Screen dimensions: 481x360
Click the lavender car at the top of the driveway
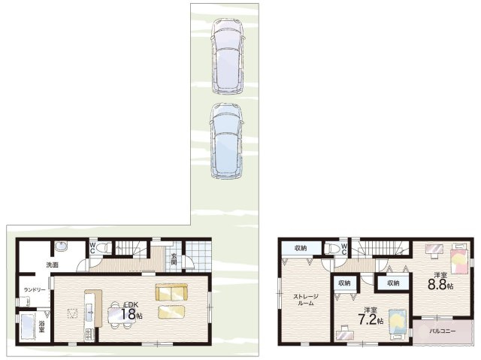pyautogui.click(x=227, y=56)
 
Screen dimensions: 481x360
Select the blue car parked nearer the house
pyautogui.click(x=226, y=141)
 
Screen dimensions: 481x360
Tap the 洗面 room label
pyautogui.click(x=52, y=265)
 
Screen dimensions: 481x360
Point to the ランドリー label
pyautogui.click(x=35, y=290)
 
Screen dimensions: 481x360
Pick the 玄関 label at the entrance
pyautogui.click(x=174, y=259)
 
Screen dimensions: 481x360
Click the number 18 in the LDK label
pyautogui.click(x=128, y=314)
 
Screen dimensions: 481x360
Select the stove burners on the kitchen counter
pyautogui.click(x=89, y=334)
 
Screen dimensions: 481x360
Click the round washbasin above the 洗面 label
pyautogui.click(x=62, y=247)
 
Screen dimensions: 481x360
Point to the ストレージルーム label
pyautogui.click(x=306, y=300)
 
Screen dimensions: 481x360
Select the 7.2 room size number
pyautogui.click(x=368, y=320)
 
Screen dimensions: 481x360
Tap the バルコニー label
pyautogui.click(x=442, y=331)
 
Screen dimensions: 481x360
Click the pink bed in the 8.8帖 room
pyautogui.click(x=459, y=259)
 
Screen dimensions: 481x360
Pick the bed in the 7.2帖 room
pyautogui.click(x=398, y=325)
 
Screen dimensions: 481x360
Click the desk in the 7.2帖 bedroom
pyautogui.click(x=345, y=334)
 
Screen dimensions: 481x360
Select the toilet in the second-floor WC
pyautogui.click(x=332, y=248)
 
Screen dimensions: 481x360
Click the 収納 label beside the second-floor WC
pyautogui.click(x=301, y=248)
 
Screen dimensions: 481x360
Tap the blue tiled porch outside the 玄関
pyautogui.click(x=198, y=256)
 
